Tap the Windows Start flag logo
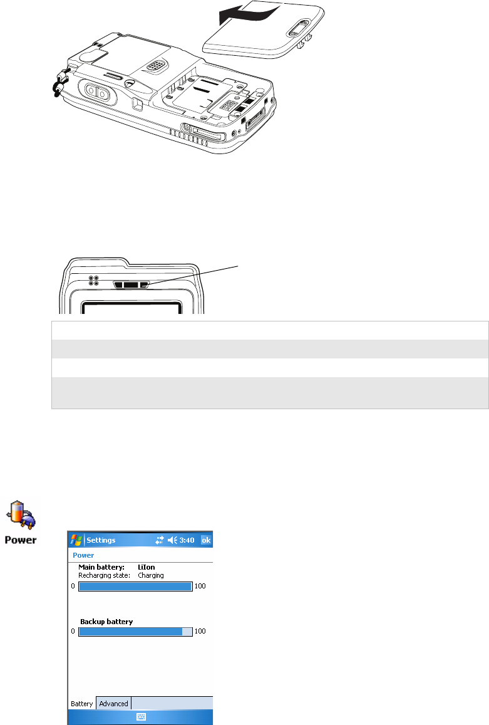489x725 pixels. coord(76,540)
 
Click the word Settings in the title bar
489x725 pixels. coord(101,540)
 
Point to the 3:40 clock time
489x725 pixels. coord(187,540)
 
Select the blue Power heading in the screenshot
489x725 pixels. coord(83,555)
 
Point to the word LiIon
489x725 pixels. coord(147,567)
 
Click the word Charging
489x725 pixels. coord(151,575)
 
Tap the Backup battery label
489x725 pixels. coord(106,622)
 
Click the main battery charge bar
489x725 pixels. coord(135,587)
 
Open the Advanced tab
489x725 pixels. coord(113,704)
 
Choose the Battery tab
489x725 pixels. coord(81,704)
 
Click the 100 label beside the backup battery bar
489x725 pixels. coord(200,632)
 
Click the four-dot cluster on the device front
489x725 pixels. coord(93,281)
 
